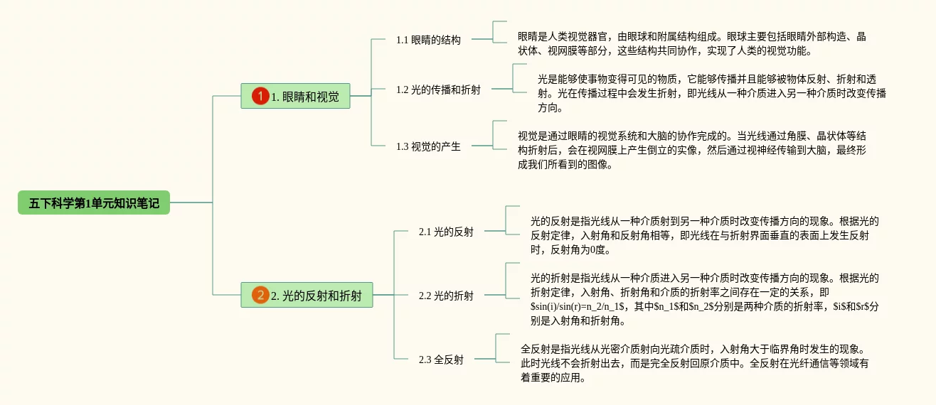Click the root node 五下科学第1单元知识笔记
(x=94, y=203)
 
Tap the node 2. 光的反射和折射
(x=307, y=295)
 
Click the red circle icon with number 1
(x=260, y=96)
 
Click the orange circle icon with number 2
(x=260, y=295)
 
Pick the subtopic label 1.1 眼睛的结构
(x=428, y=40)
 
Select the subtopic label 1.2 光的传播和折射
(x=438, y=90)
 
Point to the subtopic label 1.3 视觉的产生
(x=428, y=146)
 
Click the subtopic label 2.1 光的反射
(x=446, y=232)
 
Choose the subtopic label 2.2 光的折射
(x=446, y=296)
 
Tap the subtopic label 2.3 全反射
(x=441, y=360)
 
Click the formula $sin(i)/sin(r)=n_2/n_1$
(x=578, y=306)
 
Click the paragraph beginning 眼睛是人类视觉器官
(x=691, y=43)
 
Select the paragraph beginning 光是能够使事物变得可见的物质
(x=711, y=93)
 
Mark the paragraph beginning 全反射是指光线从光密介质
(x=694, y=363)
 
